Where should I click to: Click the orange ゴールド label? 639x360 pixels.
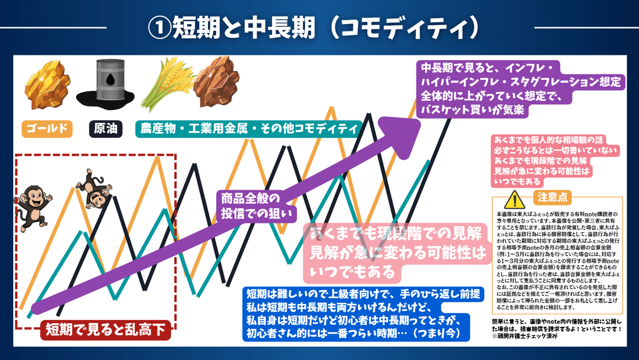47,129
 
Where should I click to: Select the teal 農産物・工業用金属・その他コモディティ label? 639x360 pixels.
249,129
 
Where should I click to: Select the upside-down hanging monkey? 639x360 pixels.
94,188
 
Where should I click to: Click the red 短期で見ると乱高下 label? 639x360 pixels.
105,331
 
